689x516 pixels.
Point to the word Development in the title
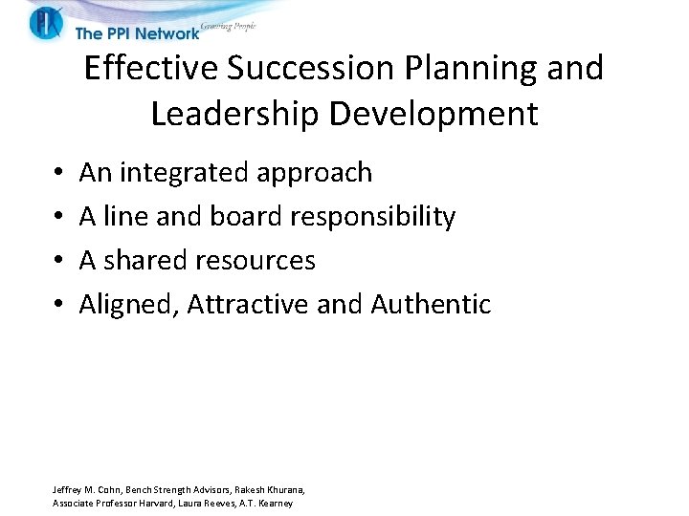(x=433, y=115)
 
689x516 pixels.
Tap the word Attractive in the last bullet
(x=247, y=305)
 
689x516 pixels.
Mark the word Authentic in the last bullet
(x=431, y=305)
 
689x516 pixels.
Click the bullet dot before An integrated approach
(x=58, y=174)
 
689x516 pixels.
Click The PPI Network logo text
(x=137, y=33)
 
